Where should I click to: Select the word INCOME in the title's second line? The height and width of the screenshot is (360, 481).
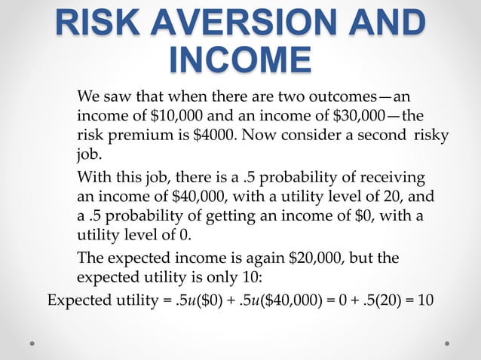(240, 59)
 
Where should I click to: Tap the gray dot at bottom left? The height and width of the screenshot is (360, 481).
(32, 343)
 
